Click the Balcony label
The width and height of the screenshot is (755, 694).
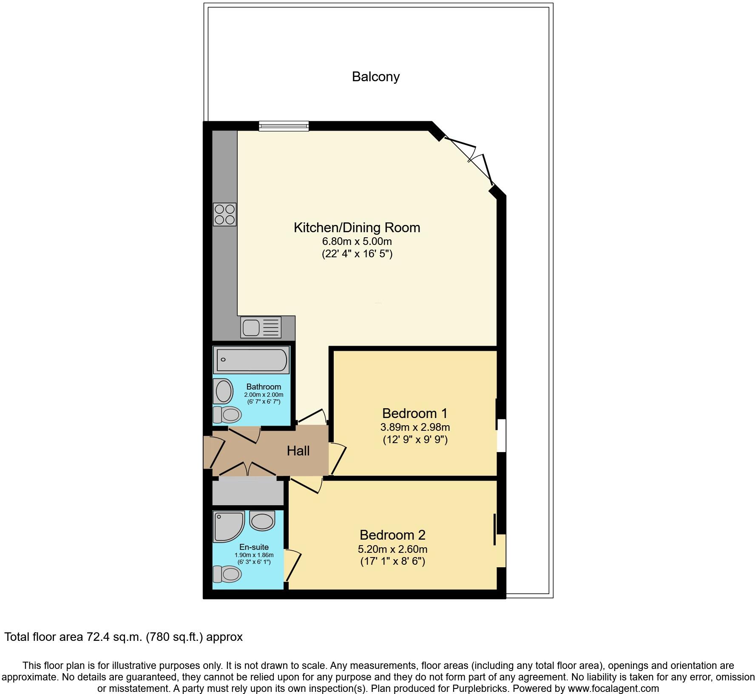tap(376, 77)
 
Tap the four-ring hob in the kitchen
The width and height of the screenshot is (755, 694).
tap(224, 214)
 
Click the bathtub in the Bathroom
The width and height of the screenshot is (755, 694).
tap(252, 360)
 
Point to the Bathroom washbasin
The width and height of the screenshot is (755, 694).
tap(224, 391)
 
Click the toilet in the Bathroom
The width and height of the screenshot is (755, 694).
tap(227, 414)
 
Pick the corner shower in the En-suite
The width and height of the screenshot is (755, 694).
tap(229, 527)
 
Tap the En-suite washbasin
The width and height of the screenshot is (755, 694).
tap(262, 521)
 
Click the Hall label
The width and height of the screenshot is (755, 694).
tap(298, 451)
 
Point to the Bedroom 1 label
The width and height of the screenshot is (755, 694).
tap(415, 413)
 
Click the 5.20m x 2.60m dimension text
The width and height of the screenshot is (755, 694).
tap(392, 549)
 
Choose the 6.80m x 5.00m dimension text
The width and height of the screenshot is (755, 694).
tap(357, 242)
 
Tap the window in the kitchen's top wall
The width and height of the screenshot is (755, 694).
tap(284, 125)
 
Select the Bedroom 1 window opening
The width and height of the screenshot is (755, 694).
tap(502, 435)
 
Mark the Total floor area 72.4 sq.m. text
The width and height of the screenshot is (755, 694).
tap(123, 637)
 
